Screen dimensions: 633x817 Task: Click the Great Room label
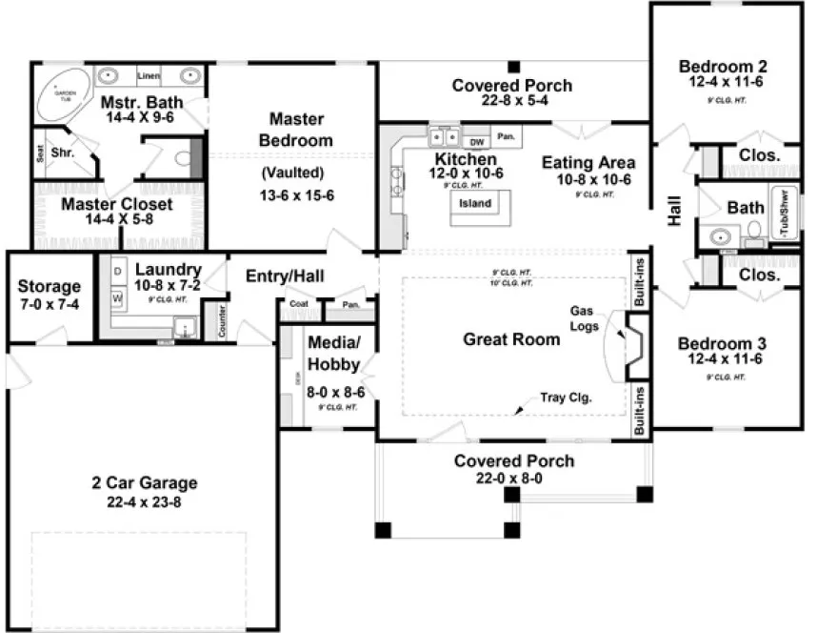pyautogui.click(x=511, y=338)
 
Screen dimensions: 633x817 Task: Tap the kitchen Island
pyautogui.click(x=475, y=204)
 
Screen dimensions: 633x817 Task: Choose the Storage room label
pyautogui.click(x=50, y=286)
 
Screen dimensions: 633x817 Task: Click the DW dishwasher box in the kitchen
pyautogui.click(x=478, y=141)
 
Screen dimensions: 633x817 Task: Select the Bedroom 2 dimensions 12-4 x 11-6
pyautogui.click(x=723, y=84)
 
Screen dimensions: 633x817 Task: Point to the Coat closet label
pyautogui.click(x=298, y=305)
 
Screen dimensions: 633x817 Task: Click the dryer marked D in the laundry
pyautogui.click(x=118, y=272)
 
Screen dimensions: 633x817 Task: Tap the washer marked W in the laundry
pyautogui.click(x=118, y=298)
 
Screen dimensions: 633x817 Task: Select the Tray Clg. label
pyautogui.click(x=566, y=398)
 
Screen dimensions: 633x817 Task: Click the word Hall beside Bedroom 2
pyautogui.click(x=675, y=210)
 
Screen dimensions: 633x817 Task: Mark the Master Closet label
pyautogui.click(x=117, y=204)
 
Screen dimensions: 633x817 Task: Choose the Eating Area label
pyautogui.click(x=588, y=162)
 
